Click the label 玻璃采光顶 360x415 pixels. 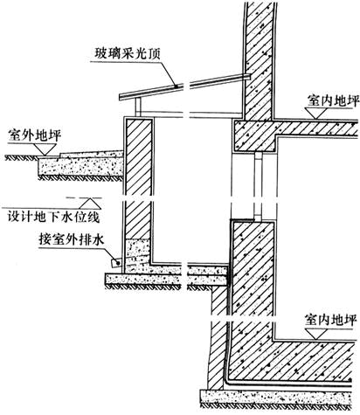(128, 54)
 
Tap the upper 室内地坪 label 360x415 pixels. (333, 100)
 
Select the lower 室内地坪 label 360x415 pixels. (330, 321)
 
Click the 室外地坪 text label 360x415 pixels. (35, 135)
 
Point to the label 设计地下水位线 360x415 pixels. (53, 218)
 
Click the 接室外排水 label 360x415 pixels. (72, 240)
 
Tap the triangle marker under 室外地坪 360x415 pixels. (45, 149)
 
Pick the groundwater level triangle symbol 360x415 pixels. (91, 204)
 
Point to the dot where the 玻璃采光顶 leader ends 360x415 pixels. (176, 86)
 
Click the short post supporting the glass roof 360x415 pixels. (138, 107)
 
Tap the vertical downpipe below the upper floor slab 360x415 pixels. (259, 187)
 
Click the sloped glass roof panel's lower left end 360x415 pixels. (120, 97)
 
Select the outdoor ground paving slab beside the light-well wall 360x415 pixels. (81, 165)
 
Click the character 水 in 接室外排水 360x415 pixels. (98, 240)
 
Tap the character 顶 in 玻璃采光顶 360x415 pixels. (155, 54)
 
